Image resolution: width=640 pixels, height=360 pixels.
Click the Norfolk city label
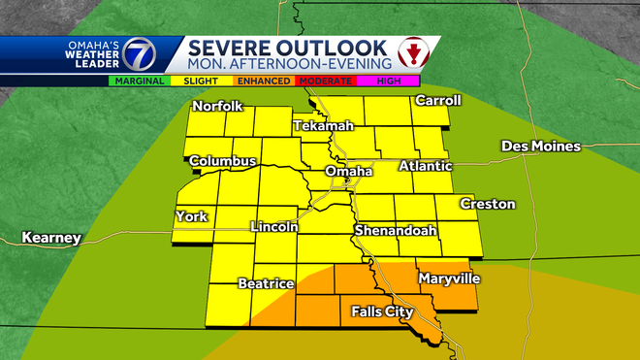[x=217, y=106]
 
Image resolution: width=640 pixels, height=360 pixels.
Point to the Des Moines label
[x=540, y=147]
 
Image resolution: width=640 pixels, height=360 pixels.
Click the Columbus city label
[x=222, y=161]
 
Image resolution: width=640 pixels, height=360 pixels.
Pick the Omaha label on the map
[x=348, y=172]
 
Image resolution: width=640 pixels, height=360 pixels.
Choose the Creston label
[x=488, y=204]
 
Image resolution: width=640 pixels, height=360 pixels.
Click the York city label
[x=191, y=216]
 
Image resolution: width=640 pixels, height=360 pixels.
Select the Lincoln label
[x=273, y=226]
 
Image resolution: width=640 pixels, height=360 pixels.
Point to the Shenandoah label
[x=395, y=231]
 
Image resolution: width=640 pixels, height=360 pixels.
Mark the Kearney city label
[x=51, y=238]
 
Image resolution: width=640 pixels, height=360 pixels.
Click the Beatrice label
[x=266, y=283]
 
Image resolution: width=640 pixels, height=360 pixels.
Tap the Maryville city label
[x=449, y=278]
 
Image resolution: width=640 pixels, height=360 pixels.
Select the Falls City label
[x=377, y=311]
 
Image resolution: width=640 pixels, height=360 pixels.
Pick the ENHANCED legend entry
[x=264, y=82]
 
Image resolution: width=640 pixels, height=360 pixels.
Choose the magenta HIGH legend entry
[x=390, y=82]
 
